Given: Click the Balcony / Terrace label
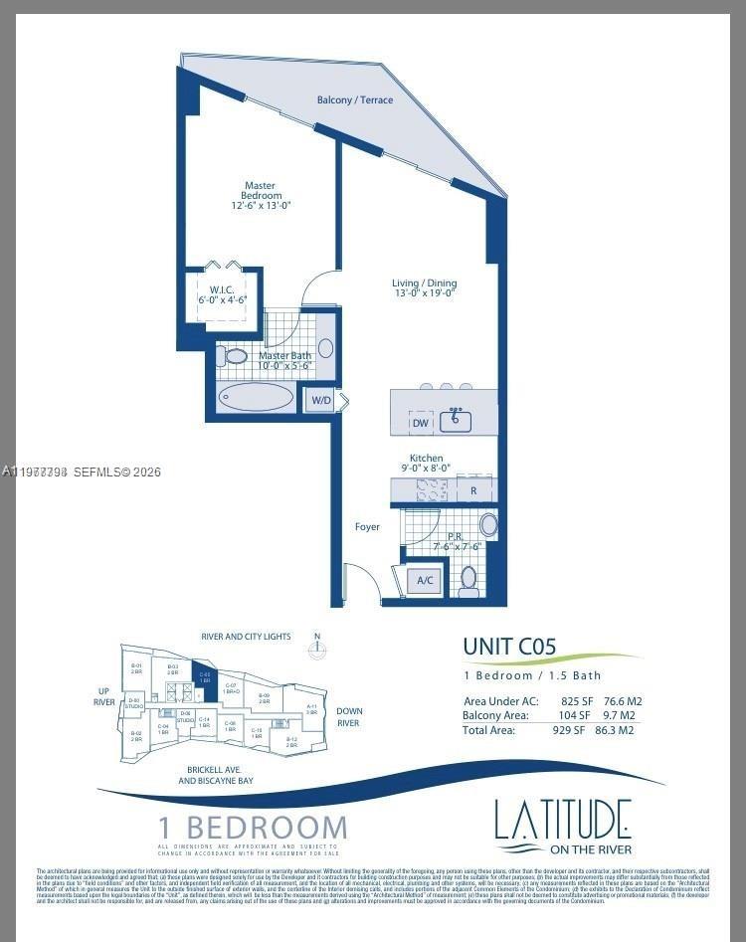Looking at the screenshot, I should [354, 100].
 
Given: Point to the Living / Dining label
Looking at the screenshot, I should [424, 288].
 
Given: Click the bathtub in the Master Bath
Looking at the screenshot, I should [257, 398].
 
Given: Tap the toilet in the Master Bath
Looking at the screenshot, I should [236, 355].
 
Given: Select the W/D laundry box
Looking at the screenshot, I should [321, 401].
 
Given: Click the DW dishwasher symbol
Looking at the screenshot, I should [421, 423].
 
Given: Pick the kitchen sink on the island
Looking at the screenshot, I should [457, 420].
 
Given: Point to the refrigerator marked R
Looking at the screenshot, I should [473, 490].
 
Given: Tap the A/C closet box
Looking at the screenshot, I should [425, 580].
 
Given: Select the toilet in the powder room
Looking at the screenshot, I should [468, 577].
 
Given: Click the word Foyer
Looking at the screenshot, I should [367, 526].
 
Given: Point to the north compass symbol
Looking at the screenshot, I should [316, 649].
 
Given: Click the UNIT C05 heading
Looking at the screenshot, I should [508, 647].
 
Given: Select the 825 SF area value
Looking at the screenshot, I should [576, 701].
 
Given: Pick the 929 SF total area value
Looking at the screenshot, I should [576, 730].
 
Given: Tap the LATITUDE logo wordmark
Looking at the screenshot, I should [563, 821].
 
